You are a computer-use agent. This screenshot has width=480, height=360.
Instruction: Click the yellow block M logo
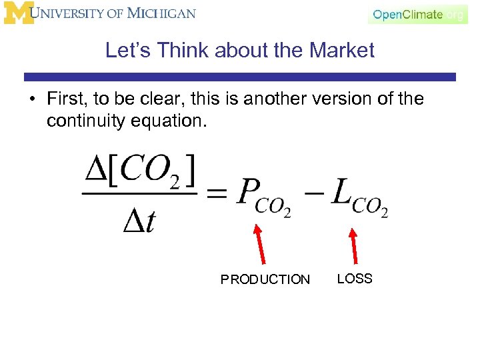(x=18, y=13)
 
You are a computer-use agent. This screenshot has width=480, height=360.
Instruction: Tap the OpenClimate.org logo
(x=417, y=14)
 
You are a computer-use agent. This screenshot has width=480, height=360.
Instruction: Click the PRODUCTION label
(x=265, y=279)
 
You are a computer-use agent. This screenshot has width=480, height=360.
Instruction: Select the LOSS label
(x=355, y=279)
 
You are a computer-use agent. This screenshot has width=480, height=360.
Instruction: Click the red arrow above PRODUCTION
(x=260, y=246)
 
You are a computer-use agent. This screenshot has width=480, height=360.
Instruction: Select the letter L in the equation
(x=341, y=193)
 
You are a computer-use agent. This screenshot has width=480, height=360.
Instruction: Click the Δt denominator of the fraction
(x=139, y=221)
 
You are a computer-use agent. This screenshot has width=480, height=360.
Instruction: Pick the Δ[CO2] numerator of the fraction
(x=140, y=172)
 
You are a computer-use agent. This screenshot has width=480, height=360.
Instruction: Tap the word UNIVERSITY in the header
(x=80, y=13)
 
